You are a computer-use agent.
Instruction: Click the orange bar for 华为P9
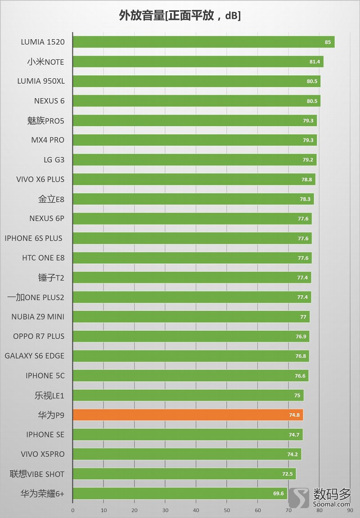pos(188,415)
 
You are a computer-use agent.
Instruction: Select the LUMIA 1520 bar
pos(203,42)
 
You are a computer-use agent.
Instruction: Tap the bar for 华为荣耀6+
pos(180,493)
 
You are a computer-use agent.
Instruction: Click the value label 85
pos(328,42)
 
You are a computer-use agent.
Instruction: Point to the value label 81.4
pos(315,62)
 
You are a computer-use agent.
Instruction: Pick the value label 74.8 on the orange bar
pos(294,415)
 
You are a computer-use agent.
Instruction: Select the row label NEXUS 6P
pos(47,219)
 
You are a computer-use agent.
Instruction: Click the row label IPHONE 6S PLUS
pos(34,238)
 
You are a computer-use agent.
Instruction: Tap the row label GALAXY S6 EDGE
pos(35,356)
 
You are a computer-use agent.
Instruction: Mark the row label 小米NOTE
pos(45,62)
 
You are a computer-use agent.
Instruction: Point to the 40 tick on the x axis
pos(196,510)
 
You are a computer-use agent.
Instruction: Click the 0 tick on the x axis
pos(73,510)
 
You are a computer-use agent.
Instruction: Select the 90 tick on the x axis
pos(349,510)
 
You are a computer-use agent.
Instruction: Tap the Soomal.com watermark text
pos(332,504)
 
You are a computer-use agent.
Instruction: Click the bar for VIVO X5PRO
pos(187,454)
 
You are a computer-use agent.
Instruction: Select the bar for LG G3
pos(194,160)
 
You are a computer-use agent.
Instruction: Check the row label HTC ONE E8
pos(43,258)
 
